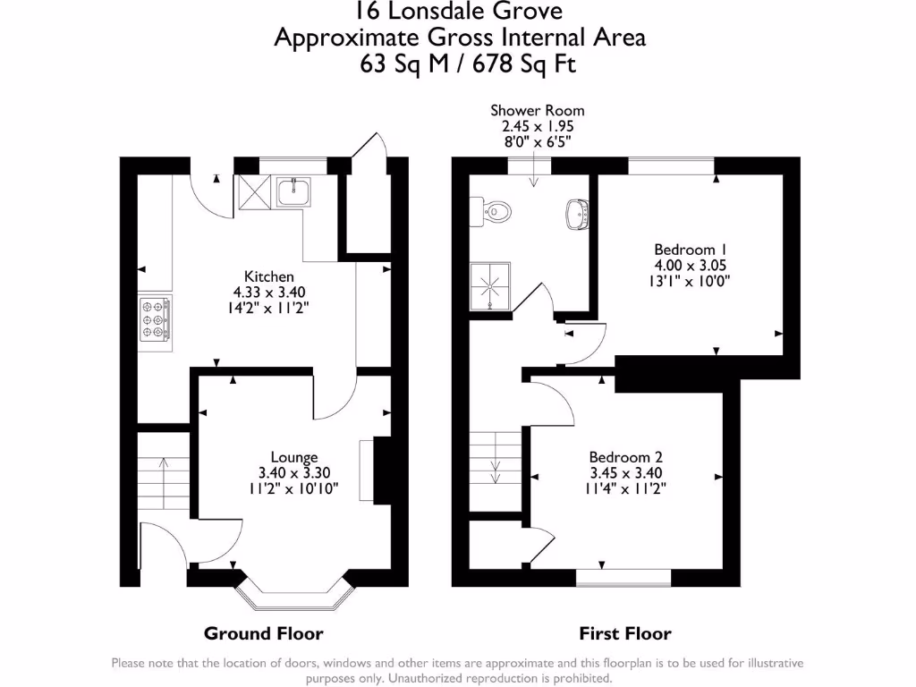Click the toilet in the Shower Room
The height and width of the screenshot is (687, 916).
pos(496,212)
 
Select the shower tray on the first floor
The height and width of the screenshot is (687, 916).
pos(490,287)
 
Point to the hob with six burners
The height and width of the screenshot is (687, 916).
pos(154,320)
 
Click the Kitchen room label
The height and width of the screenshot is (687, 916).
pos(269,276)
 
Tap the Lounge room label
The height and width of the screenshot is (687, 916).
pos(294,457)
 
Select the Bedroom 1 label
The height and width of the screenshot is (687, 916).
pos(684,250)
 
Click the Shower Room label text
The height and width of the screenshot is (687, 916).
pos(537,111)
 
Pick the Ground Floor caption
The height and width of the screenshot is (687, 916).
pos(263,633)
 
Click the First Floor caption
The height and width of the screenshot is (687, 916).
pos(625,633)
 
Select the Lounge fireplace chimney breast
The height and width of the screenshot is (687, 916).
pos(382,470)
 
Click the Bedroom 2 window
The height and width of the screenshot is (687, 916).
pos(623,577)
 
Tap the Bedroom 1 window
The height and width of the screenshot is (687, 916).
pos(671,165)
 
